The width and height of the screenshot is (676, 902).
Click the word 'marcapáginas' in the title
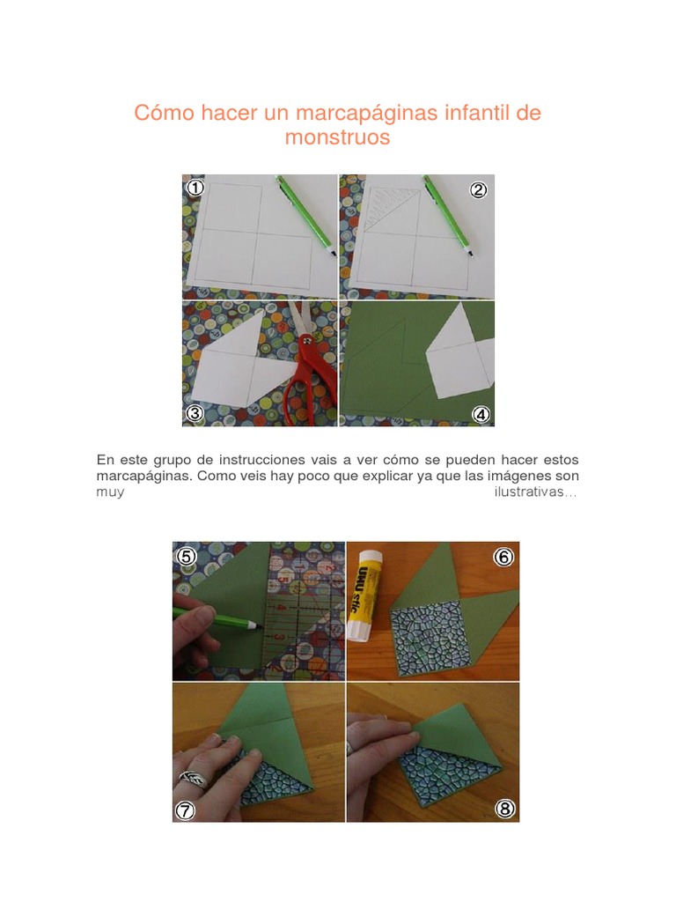pos(350,114)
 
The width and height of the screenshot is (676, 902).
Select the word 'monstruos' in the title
pos(337,138)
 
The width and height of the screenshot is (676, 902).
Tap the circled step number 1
pos(195,188)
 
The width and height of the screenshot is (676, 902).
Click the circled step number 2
pos(478,189)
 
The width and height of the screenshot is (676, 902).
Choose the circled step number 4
pos(481,414)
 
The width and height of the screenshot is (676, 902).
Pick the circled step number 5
pos(186,556)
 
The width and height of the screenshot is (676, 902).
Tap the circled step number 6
pos(503,557)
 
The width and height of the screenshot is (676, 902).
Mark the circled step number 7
pos(185,810)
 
